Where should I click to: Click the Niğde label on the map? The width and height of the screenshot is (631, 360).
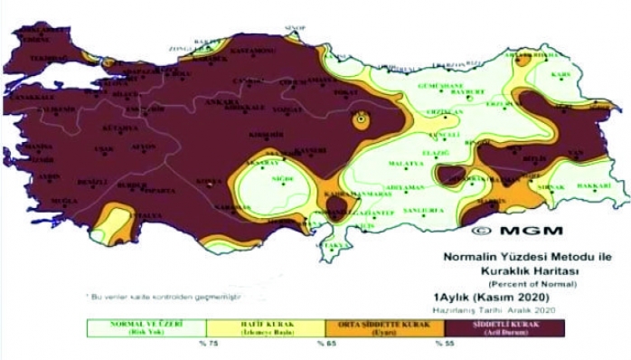pyautogui.click(x=282, y=179)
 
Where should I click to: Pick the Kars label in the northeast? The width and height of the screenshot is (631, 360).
pyautogui.click(x=561, y=74)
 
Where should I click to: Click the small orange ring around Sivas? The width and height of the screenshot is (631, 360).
pyautogui.click(x=362, y=119)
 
